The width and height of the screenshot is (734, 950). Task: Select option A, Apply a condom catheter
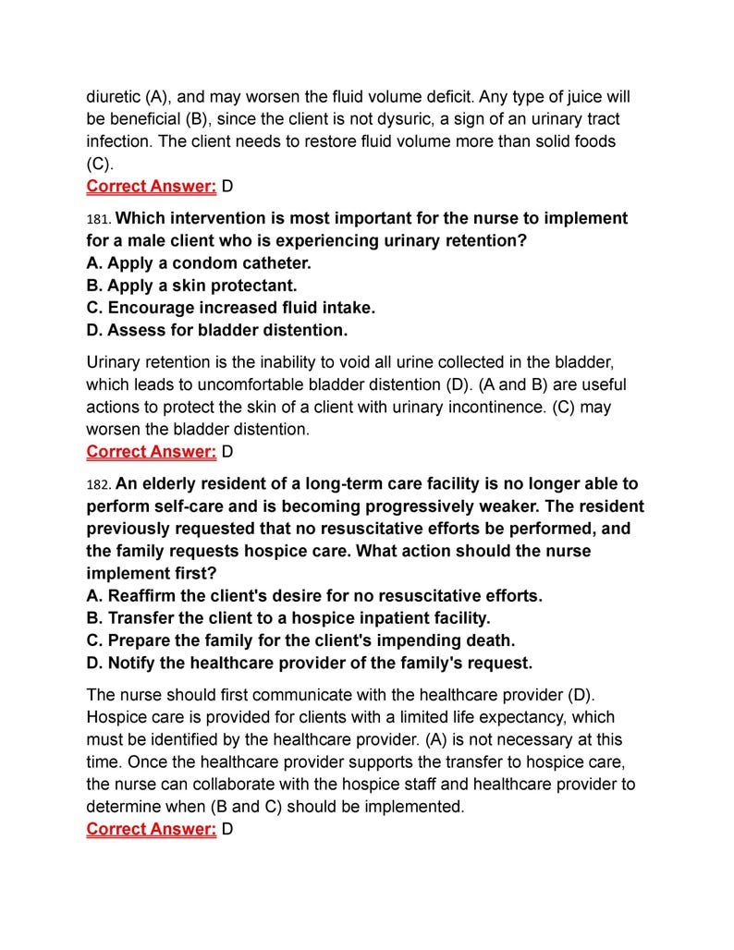click(x=199, y=263)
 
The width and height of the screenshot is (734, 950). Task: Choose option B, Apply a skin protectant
click(x=191, y=286)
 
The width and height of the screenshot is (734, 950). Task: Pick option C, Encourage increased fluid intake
click(x=231, y=308)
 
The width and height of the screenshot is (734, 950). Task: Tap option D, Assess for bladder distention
click(x=217, y=330)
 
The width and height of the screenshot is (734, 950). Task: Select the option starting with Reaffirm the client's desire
click(x=314, y=596)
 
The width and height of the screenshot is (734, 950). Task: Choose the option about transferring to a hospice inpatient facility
click(x=288, y=618)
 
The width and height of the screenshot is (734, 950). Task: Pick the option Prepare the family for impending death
click(x=300, y=640)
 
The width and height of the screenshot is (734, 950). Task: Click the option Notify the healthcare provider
click(x=309, y=663)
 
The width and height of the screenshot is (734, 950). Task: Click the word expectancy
click(x=525, y=718)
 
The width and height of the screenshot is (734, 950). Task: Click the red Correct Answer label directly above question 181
click(x=152, y=187)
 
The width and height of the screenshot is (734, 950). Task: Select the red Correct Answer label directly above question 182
click(x=152, y=452)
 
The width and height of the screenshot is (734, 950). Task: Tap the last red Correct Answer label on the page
click(x=152, y=829)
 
